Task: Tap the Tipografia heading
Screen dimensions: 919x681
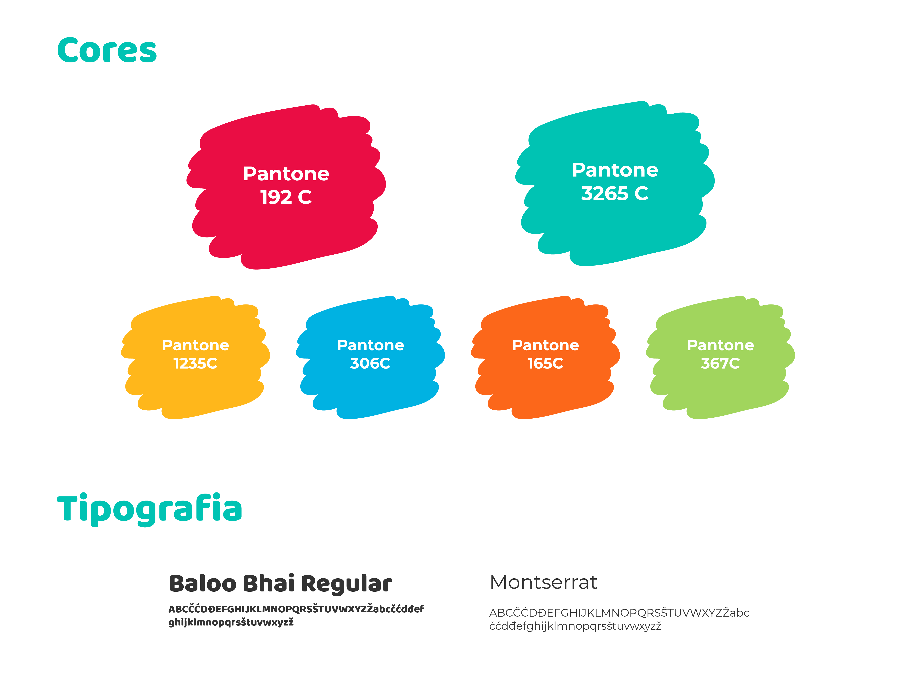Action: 149,510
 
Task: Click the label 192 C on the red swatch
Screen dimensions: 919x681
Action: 286,197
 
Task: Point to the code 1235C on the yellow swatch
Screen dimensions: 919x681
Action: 195,363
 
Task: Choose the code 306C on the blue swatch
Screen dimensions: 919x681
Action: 370,363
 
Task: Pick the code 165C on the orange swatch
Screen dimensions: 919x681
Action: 545,363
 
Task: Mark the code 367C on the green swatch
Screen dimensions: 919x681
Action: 720,363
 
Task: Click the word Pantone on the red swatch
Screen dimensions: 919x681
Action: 286,174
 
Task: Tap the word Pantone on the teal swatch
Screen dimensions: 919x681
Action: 615,170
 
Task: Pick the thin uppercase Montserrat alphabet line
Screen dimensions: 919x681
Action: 619,613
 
